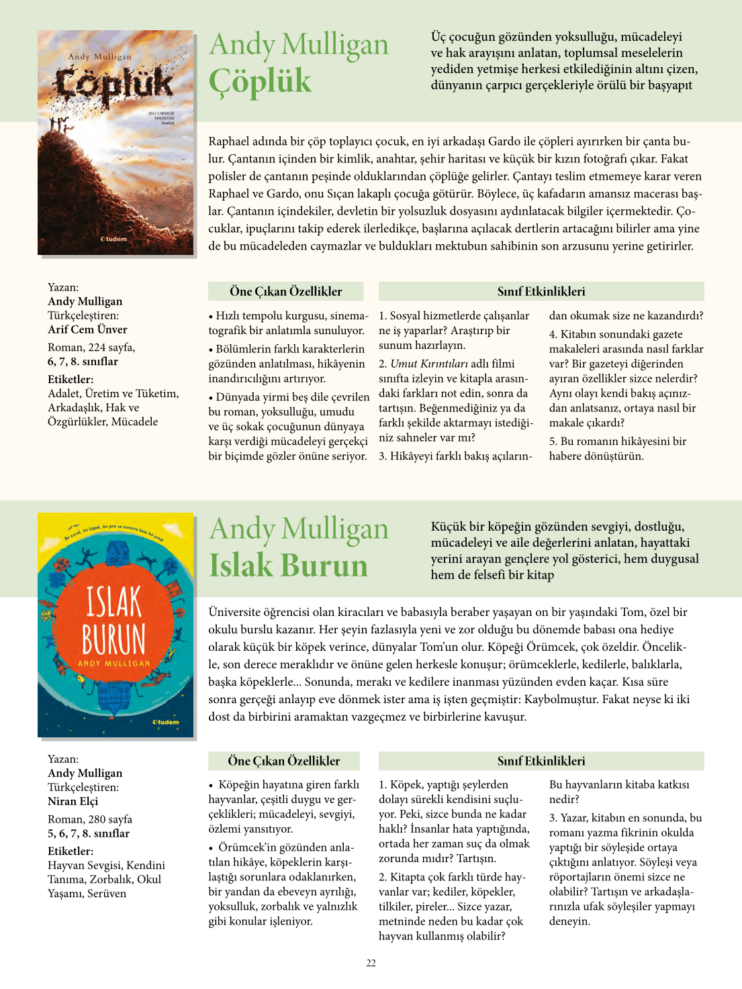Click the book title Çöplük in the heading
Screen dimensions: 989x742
[260, 81]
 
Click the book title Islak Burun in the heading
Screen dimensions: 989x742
[288, 566]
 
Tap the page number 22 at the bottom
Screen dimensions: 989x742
[371, 964]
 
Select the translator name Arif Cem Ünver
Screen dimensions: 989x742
[87, 329]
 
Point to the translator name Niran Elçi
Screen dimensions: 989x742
[73, 801]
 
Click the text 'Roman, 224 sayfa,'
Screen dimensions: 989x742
[91, 348]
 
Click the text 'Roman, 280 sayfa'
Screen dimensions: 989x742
[90, 819]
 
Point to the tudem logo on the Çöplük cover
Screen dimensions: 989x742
[113, 239]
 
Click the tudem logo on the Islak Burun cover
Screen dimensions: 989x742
[166, 723]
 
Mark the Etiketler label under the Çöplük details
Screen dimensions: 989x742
[71, 379]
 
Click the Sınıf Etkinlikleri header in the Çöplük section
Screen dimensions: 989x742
[541, 291]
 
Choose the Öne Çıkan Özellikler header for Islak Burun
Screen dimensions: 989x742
[284, 761]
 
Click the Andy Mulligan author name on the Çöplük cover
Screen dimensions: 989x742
[99, 57]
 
